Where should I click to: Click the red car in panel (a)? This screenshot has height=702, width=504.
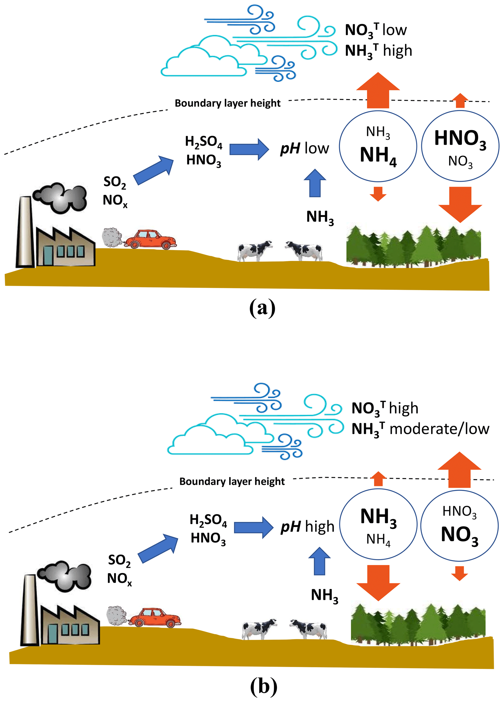pos(151,239)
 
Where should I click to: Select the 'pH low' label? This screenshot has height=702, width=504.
pos(304,148)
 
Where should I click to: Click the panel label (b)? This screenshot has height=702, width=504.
pos(263,686)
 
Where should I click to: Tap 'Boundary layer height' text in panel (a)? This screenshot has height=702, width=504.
pos(227,103)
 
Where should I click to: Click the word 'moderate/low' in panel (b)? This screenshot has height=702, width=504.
pos(439,429)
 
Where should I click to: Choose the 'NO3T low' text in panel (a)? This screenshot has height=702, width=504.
pos(376,30)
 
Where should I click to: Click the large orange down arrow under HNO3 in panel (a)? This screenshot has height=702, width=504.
pos(460,204)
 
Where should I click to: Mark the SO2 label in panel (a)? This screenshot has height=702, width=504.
pos(115,182)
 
